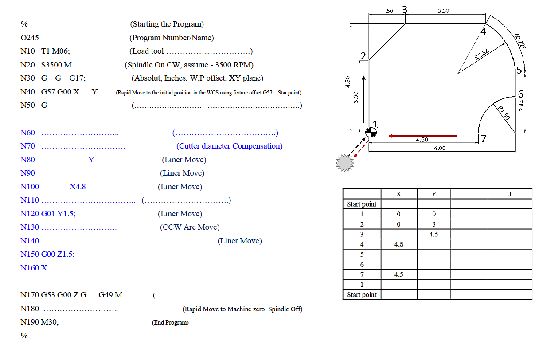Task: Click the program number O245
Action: [30, 38]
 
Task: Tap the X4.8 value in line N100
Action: [78, 187]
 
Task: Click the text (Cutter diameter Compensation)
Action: [229, 146]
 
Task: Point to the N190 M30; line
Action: [39, 322]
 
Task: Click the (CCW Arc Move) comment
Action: [190, 227]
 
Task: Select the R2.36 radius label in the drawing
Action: [482, 54]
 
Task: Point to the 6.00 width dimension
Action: [440, 148]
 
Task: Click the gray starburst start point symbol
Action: [344, 163]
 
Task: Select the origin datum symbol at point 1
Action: [371, 132]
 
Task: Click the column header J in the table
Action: [509, 194]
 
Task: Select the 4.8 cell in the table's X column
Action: [398, 244]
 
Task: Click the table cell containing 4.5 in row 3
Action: [433, 234]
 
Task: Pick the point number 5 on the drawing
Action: [519, 70]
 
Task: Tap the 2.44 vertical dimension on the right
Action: [522, 106]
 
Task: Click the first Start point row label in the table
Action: [362, 204]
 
